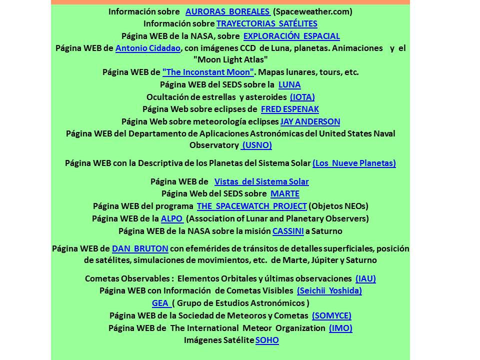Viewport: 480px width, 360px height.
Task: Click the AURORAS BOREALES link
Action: [227, 11]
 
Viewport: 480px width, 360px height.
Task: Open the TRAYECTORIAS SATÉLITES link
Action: [266, 23]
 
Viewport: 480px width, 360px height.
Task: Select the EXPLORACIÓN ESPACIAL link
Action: [291, 36]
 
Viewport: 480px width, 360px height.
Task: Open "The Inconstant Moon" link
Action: [208, 72]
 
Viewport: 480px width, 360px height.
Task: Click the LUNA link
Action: [289, 84]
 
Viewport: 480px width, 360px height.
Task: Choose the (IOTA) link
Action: [302, 97]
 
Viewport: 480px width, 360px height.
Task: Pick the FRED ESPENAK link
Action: [289, 109]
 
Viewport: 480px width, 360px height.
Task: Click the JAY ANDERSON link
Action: [310, 121]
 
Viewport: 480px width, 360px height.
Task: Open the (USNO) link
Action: [256, 145]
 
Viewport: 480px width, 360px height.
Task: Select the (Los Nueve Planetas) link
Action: [354, 163]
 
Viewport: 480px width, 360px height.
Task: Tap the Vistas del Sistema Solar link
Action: [261, 181]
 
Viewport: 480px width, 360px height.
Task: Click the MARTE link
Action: [285, 193]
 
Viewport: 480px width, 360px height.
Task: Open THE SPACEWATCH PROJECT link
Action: [251, 206]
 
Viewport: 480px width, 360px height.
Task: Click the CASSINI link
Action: [288, 231]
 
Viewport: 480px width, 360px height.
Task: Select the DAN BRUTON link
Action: [140, 248]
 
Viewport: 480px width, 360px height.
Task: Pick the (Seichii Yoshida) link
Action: [329, 290]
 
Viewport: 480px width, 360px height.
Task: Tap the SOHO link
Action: [267, 340]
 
